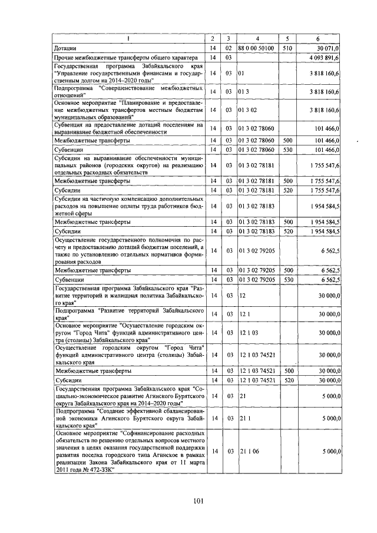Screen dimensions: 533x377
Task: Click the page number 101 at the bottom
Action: tap(197, 502)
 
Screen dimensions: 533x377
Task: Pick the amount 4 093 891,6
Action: tap(323, 58)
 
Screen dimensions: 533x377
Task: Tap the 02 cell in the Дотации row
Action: tap(229, 47)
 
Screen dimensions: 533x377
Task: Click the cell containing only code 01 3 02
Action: tap(247, 110)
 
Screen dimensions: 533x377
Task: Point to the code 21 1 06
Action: tap(249, 451)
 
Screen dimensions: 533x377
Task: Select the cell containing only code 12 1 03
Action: tap(248, 333)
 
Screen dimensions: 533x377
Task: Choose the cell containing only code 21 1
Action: tap(244, 418)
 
